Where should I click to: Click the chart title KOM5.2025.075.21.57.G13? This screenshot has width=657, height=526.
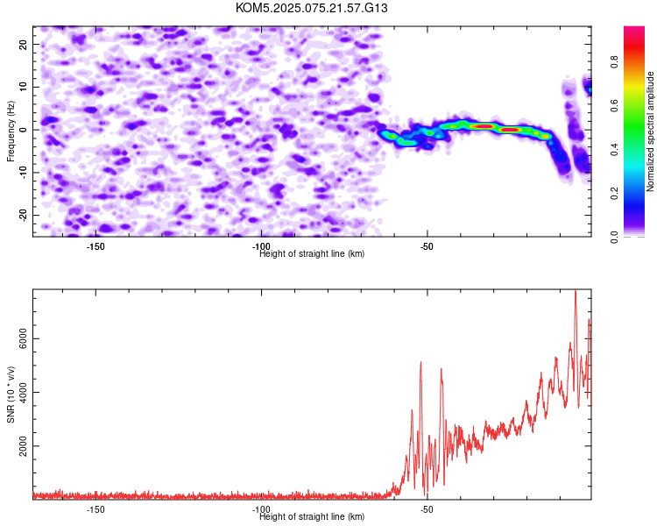[x=311, y=8]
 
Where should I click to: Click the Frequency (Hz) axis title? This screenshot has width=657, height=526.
[x=11, y=131]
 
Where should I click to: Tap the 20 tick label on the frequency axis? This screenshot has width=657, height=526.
[x=23, y=45]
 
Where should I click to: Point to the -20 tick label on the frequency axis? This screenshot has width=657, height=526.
[x=23, y=216]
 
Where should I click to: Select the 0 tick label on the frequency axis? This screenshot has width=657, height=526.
[x=23, y=130]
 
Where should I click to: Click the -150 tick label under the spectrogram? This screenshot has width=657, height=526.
[x=95, y=246]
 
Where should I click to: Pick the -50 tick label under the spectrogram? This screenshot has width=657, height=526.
[x=427, y=246]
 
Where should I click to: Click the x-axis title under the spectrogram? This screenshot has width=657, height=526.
[x=312, y=253]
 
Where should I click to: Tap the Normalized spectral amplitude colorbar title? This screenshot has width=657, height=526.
[x=650, y=131]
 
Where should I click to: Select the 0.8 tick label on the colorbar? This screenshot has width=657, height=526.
[x=614, y=61]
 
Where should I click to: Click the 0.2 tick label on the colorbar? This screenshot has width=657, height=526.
[x=614, y=193]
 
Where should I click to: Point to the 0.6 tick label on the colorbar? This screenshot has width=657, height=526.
[x=614, y=105]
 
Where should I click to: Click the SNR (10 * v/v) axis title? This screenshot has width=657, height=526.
[x=11, y=394]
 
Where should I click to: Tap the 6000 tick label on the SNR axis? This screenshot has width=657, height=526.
[x=23, y=339]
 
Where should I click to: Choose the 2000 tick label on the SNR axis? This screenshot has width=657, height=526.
[x=23, y=446]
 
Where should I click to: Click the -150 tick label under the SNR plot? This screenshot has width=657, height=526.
[x=95, y=509]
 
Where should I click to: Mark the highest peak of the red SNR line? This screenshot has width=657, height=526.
[x=576, y=290]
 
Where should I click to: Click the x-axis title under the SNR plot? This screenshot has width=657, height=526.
[x=312, y=516]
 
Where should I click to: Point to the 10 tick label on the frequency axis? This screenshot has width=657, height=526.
[x=23, y=87]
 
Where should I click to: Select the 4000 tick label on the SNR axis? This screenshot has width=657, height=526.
[x=23, y=392]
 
